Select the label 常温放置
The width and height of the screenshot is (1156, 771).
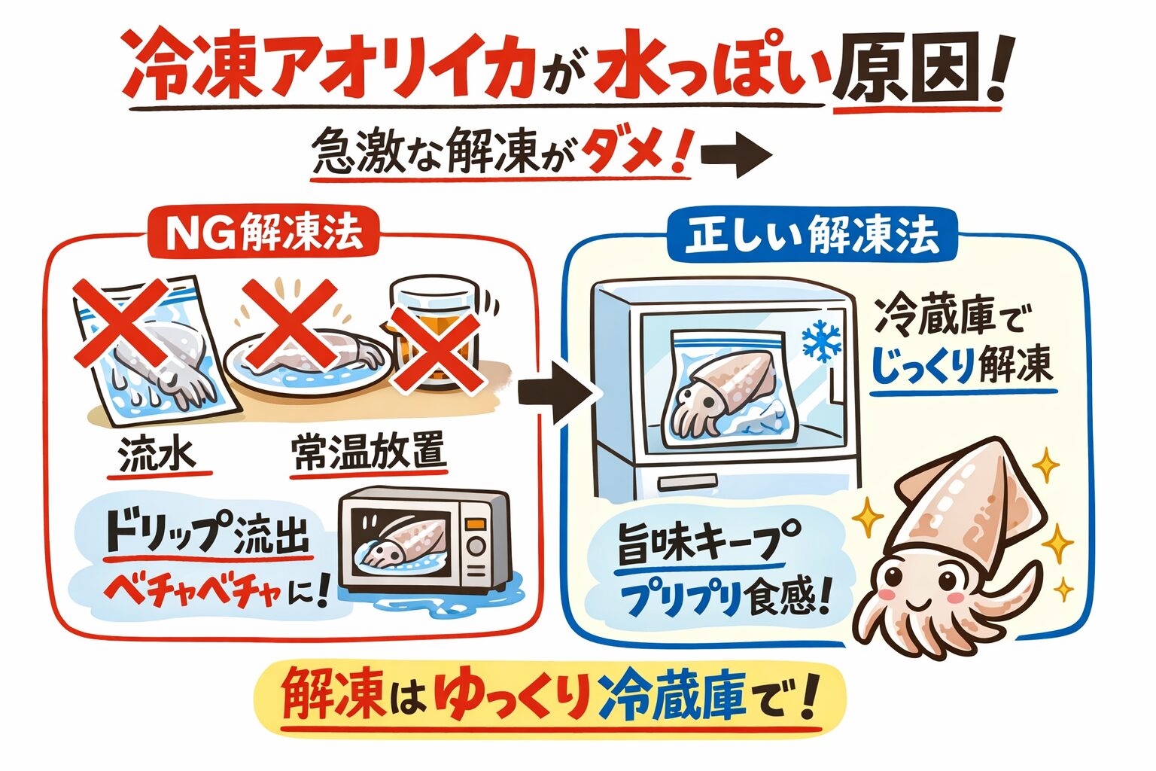[368, 453]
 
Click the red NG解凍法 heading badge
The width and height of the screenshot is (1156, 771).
[266, 234]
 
